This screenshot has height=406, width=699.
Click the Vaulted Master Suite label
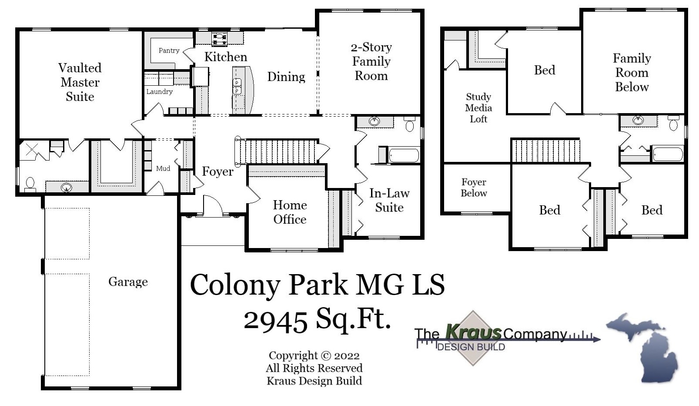point(80,82)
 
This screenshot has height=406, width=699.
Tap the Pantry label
point(169,50)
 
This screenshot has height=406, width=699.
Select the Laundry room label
point(159,91)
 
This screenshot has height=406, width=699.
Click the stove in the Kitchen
point(219,38)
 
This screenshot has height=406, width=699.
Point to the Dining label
point(286,77)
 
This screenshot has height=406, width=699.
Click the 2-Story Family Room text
point(371,61)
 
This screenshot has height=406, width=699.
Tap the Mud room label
point(163,168)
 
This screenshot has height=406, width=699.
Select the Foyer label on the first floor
point(217,171)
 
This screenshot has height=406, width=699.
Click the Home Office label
point(290,212)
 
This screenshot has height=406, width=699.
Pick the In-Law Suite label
point(389,200)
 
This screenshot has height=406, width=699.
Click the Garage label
point(128,282)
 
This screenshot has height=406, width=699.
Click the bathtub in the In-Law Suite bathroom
point(404,155)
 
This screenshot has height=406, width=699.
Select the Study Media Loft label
point(478,108)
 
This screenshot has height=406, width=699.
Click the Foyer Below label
point(474,188)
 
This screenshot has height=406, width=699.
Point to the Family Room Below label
point(632,73)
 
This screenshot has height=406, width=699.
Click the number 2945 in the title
point(275,321)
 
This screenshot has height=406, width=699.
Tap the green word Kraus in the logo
point(473,332)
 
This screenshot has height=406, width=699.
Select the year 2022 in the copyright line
point(347,356)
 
